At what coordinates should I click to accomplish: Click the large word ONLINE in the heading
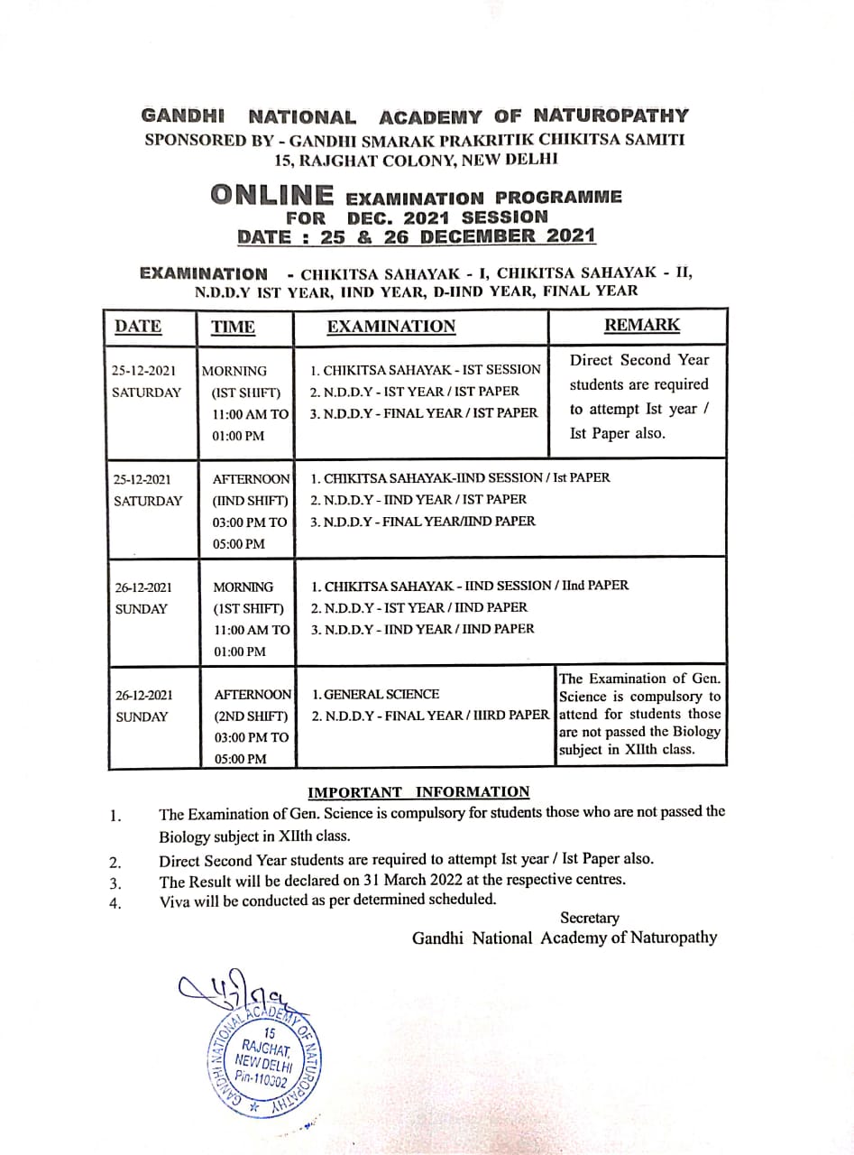click(x=271, y=195)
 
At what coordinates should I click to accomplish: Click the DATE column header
click(x=138, y=327)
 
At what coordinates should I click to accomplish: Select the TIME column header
click(x=233, y=328)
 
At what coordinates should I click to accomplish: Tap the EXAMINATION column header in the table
click(x=390, y=327)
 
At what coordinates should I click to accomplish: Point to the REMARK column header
click(x=641, y=325)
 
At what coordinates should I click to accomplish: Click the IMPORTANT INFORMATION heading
click(x=418, y=792)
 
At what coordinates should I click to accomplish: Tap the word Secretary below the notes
click(x=590, y=918)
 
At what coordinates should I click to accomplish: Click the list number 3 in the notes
click(x=115, y=883)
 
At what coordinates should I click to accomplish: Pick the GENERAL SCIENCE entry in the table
click(x=375, y=695)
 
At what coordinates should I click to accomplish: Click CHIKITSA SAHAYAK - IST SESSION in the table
click(x=425, y=370)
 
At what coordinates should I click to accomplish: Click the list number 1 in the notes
click(x=115, y=817)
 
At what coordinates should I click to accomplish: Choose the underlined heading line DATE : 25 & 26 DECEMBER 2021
click(x=416, y=236)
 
